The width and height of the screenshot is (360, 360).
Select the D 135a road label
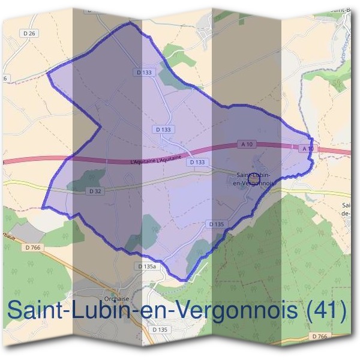(146, 266)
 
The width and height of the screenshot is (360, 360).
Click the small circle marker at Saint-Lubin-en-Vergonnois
(254, 178)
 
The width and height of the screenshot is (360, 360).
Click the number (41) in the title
(324, 311)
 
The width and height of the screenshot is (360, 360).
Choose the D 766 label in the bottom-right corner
(319, 337)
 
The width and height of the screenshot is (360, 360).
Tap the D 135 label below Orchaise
(159, 329)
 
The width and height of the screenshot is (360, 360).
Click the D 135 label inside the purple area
(217, 224)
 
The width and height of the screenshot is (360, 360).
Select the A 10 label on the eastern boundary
(307, 148)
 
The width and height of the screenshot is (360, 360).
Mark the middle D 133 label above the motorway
(163, 129)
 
